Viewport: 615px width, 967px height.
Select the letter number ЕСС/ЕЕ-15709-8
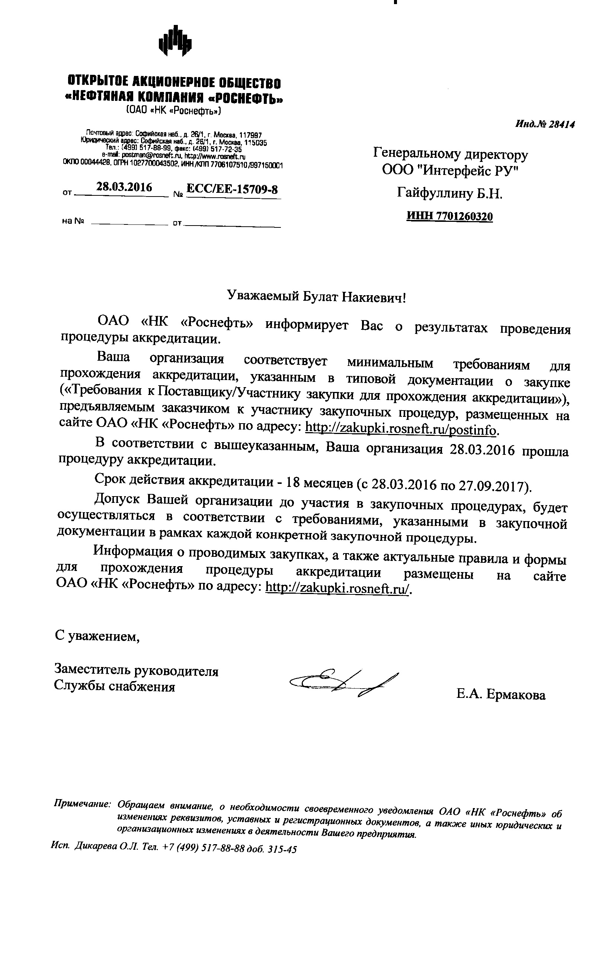(233, 189)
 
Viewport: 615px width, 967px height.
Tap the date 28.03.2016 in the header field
(124, 187)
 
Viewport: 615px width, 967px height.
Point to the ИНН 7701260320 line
(449, 217)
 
